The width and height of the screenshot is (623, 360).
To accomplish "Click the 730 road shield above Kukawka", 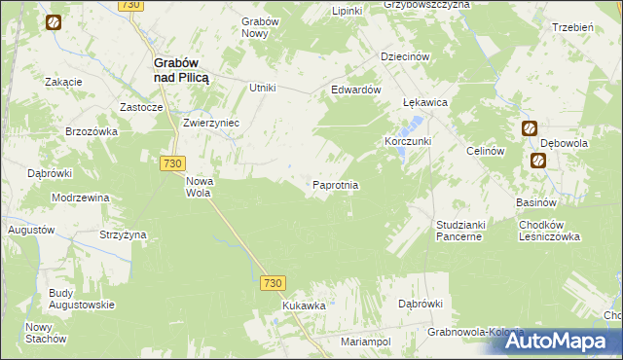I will tap(273, 283).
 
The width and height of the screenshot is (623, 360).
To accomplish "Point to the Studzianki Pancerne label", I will tap(459, 230).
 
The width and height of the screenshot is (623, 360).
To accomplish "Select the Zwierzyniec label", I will tap(211, 124).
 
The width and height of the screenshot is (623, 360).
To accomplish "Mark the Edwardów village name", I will tap(354, 89).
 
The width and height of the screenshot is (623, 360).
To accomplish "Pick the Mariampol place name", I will tap(365, 342).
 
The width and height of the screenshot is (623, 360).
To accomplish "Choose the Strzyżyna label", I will tap(123, 234).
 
